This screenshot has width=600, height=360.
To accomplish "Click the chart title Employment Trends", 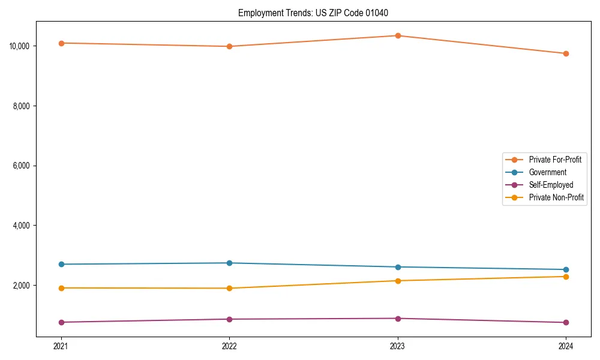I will [317, 13].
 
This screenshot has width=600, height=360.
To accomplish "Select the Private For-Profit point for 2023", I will [398, 35].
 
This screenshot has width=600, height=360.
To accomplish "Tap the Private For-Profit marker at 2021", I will [61, 43].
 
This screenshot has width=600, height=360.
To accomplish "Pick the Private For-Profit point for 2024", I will [566, 53].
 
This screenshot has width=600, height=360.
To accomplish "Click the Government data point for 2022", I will [229, 263].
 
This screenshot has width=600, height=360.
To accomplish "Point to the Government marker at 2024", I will [566, 269].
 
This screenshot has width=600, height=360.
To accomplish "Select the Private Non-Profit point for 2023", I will [398, 281].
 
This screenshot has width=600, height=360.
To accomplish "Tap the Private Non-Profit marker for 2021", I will [61, 288].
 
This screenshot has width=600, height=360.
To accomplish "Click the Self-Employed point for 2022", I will [229, 319].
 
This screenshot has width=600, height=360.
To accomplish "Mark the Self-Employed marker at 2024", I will [566, 323].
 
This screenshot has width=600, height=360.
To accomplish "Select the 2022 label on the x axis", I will [229, 346].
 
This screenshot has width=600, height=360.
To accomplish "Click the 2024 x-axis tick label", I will [566, 346].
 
